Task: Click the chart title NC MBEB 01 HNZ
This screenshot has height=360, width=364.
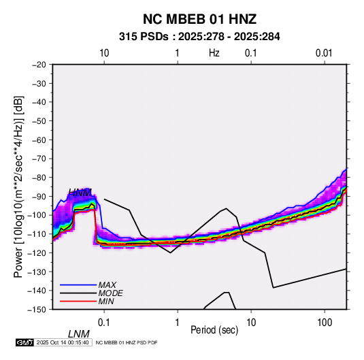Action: [x=199, y=19]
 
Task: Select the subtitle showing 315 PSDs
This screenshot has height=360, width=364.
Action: [x=199, y=37]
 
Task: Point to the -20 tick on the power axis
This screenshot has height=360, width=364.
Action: [x=39, y=65]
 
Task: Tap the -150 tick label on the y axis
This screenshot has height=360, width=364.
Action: [x=37, y=310]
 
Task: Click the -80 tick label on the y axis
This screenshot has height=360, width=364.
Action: [x=39, y=178]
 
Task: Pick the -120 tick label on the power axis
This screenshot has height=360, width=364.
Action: [x=37, y=252]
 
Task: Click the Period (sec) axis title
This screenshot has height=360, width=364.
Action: [x=214, y=330]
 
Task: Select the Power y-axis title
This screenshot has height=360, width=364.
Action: [x=18, y=186]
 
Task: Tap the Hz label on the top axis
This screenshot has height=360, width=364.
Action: [x=214, y=53]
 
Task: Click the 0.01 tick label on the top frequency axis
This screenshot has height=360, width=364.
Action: [x=324, y=53]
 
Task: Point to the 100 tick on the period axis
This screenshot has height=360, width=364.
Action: [x=325, y=323]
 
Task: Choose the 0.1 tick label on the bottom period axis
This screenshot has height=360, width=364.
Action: [x=104, y=323]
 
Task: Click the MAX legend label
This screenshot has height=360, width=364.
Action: [x=107, y=285]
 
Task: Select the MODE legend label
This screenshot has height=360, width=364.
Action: [x=110, y=293]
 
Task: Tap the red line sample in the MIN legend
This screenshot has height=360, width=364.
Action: [x=78, y=301]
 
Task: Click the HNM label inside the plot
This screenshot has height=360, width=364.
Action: [x=80, y=193]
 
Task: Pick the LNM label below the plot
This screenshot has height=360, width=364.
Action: [x=79, y=334]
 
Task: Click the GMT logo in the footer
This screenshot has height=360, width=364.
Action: [x=25, y=342]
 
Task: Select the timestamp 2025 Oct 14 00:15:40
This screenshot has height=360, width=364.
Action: [x=63, y=342]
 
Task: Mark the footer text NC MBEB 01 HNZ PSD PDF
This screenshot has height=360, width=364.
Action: [x=127, y=342]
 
